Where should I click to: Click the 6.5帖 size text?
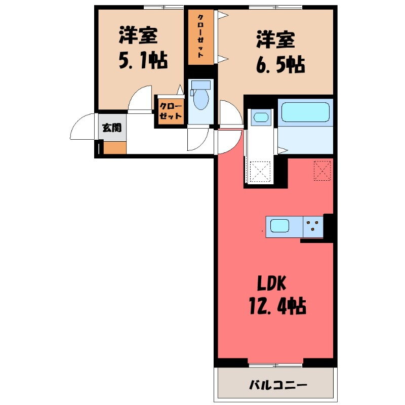tap(280, 64)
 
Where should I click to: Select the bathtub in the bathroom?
tap(305, 112)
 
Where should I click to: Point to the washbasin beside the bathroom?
tap(261, 118)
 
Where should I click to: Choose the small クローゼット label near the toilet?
tap(171, 111)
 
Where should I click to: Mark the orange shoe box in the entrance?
tap(115, 148)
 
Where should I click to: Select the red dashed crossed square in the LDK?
tap(322, 170)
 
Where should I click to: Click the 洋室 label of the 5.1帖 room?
tap(138, 35)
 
